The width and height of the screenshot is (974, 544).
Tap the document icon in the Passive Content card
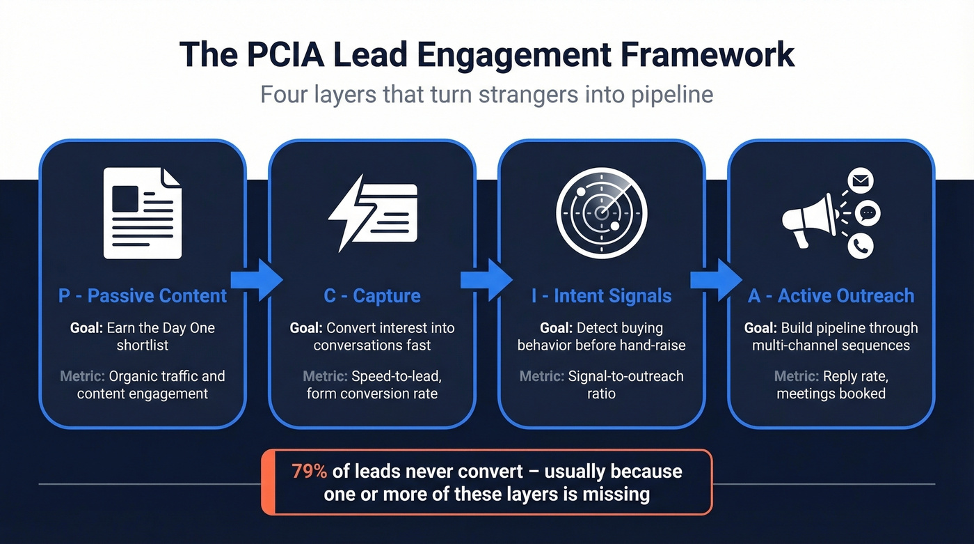point(142,212)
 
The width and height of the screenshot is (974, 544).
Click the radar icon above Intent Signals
point(602,212)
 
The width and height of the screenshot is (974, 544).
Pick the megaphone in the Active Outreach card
point(808,219)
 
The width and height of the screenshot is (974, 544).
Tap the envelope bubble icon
point(861,182)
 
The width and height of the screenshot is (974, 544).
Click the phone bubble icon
point(861,245)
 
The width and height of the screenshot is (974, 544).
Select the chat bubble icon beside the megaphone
point(867,213)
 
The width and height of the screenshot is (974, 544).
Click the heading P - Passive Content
point(143,295)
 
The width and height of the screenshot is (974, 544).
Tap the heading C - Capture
point(372,295)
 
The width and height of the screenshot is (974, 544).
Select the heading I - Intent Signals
point(601,295)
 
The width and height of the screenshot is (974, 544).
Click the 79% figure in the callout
point(309,472)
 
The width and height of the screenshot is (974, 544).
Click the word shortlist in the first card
point(143,345)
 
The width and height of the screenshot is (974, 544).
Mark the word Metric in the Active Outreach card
point(796,376)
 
